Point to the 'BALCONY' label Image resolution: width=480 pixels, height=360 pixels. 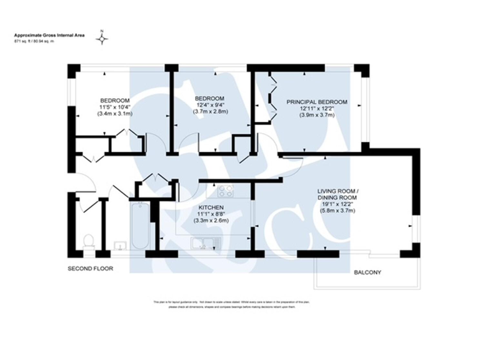pyautogui.click(x=367, y=272)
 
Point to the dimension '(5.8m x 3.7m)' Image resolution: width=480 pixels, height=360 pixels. pyautogui.click(x=337, y=211)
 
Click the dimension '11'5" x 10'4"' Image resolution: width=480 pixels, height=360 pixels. pyautogui.click(x=115, y=107)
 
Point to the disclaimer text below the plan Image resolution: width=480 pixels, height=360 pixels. pyautogui.click(x=231, y=304)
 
